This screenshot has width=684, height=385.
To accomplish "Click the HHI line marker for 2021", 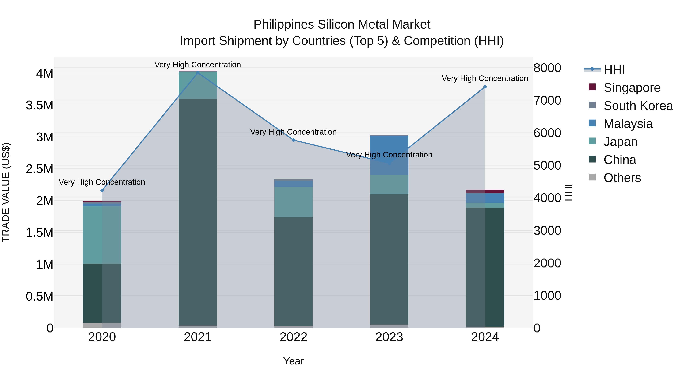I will [198, 73].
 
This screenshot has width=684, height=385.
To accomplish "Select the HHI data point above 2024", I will [485, 87].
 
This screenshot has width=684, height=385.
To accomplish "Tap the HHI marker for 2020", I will [102, 191].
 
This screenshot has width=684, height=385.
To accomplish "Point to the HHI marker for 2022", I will [293, 140].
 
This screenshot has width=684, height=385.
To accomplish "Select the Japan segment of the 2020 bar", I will [102, 235].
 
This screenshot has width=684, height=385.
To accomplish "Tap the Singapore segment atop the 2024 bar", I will [485, 191].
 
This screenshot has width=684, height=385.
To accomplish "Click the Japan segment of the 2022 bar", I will [293, 202].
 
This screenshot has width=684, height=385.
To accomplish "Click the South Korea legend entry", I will [638, 106].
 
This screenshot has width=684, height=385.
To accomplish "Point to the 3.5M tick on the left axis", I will [39, 105].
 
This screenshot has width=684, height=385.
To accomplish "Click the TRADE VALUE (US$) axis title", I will [6, 192].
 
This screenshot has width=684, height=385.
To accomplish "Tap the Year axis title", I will [293, 361].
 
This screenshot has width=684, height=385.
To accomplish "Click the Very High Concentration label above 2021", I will [198, 65].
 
